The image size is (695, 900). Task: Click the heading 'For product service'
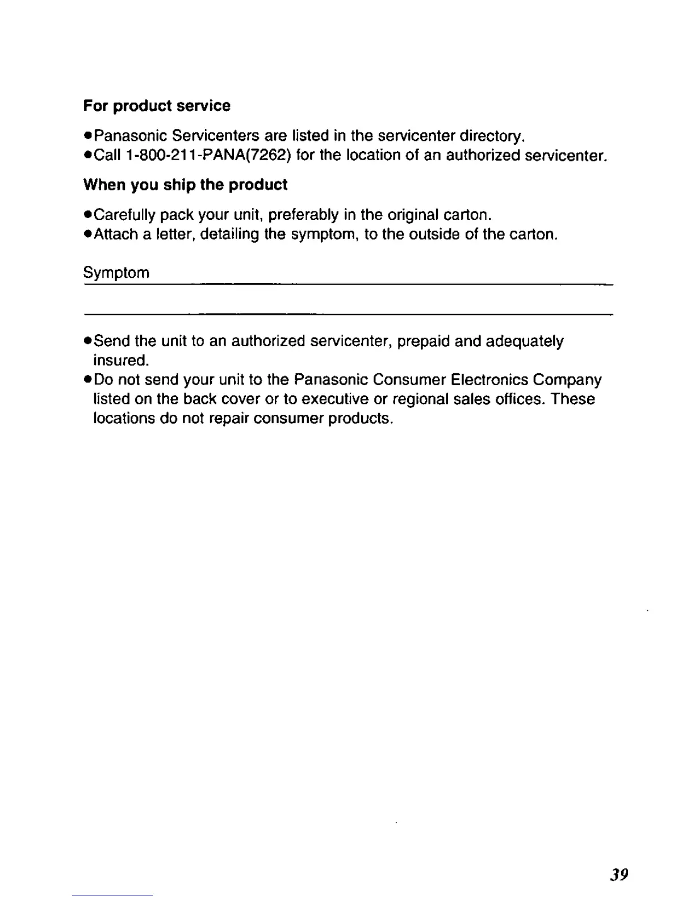coord(157,106)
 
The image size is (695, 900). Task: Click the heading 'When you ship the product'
coord(185,185)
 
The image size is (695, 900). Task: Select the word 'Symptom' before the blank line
coord(116,273)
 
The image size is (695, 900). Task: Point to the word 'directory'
coord(491,136)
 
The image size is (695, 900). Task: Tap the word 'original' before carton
coord(413,215)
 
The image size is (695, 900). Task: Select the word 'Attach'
coord(115,234)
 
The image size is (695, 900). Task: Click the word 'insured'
coord(120,361)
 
